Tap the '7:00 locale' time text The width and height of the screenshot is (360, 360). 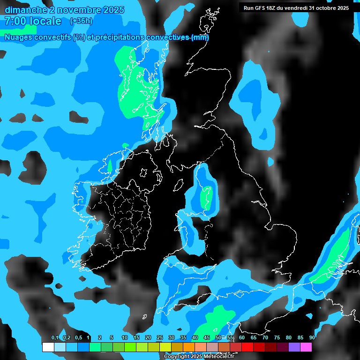point(33,21)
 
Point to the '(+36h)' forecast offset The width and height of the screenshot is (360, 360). point(81,21)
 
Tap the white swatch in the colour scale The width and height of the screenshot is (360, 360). point(48,347)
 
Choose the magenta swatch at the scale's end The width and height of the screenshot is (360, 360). point(306,347)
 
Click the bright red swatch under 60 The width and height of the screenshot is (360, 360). point(247,347)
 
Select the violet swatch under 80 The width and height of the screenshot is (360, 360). point(294,347)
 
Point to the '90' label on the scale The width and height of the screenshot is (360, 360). point(312,338)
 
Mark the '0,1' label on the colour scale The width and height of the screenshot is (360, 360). point(54,338)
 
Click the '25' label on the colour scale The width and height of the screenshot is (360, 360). point(159,338)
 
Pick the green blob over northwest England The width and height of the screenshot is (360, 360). point(206,197)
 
